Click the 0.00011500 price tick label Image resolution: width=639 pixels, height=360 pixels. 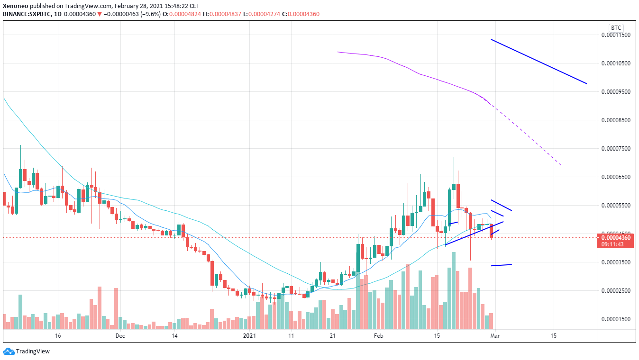click(x=616, y=35)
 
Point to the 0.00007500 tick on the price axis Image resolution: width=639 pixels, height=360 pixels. click(x=616, y=149)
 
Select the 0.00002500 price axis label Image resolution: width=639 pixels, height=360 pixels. click(x=616, y=291)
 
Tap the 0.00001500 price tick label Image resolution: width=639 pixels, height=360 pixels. click(x=616, y=319)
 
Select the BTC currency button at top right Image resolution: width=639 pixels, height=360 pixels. click(x=616, y=27)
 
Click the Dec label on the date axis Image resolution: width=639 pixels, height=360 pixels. click(x=120, y=336)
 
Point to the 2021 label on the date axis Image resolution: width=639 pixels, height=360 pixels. click(x=249, y=336)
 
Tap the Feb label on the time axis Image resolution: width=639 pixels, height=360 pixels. click(x=379, y=336)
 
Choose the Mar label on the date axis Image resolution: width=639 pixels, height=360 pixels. click(x=495, y=336)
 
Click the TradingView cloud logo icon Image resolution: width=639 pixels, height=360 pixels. click(x=9, y=351)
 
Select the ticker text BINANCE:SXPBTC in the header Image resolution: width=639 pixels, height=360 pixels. click(x=27, y=14)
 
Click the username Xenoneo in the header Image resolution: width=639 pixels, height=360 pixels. click(x=15, y=6)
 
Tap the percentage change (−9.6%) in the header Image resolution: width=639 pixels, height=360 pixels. click(x=151, y=14)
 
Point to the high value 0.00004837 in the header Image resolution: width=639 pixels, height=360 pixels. click(x=225, y=14)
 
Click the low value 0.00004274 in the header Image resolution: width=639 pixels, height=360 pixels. click(x=264, y=14)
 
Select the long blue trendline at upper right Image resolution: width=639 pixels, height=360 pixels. click(x=539, y=62)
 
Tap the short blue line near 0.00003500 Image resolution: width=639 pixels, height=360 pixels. click(x=501, y=265)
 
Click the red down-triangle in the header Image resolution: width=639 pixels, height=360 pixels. click(x=99, y=14)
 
